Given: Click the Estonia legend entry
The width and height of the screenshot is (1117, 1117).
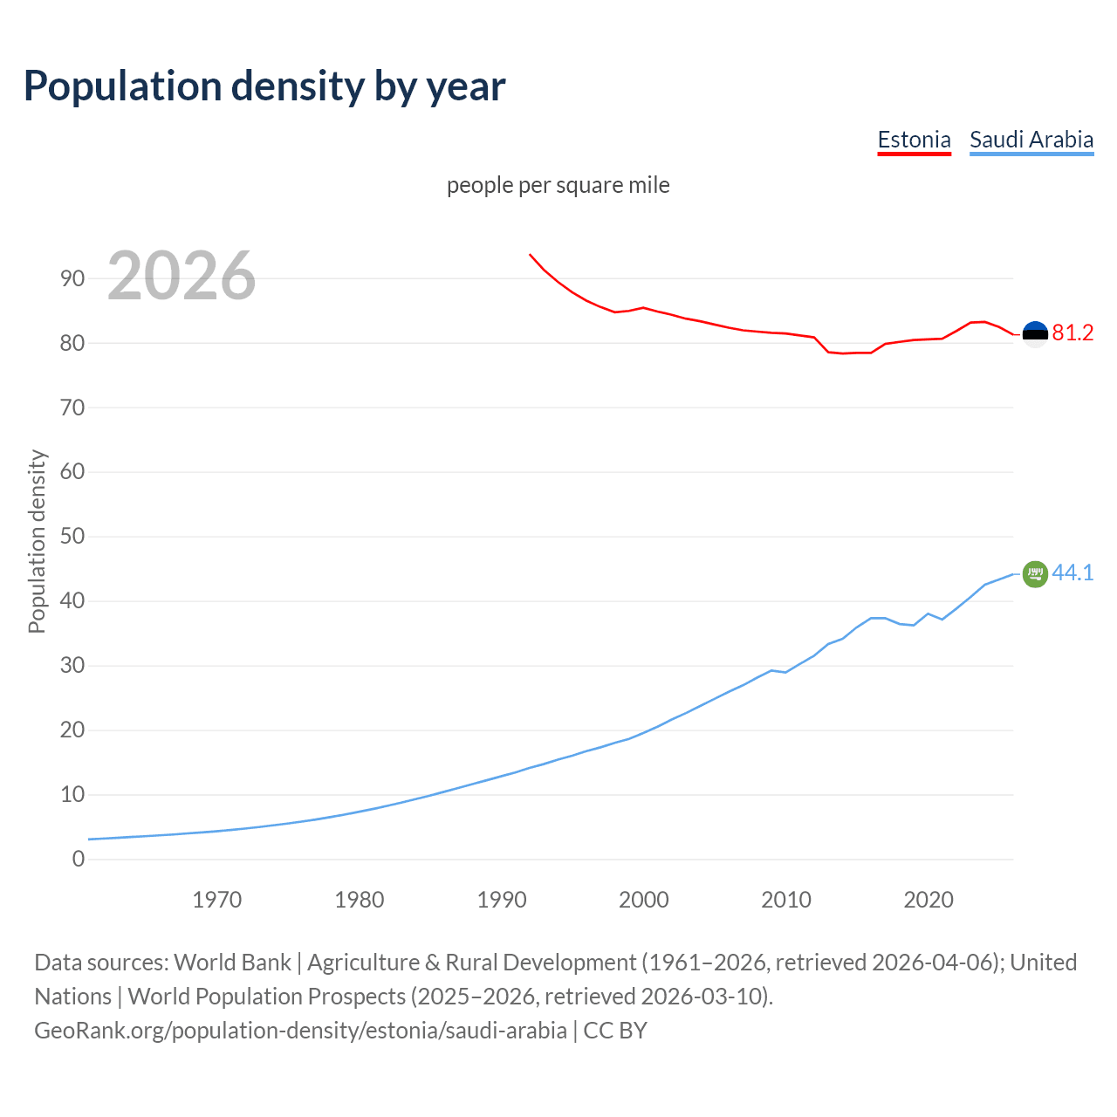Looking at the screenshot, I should (914, 140).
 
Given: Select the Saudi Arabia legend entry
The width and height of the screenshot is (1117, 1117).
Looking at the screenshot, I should (1031, 140).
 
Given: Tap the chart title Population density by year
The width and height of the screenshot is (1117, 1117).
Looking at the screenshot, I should (264, 86).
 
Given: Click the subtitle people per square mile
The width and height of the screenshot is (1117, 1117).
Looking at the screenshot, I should (558, 185).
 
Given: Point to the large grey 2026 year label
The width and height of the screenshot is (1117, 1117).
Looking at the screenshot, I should (182, 276).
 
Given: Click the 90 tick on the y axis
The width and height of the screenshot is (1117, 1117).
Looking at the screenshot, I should (72, 279).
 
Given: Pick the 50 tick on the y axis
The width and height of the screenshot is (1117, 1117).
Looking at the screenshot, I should (72, 537).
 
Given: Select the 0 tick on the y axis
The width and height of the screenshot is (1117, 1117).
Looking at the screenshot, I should (79, 860).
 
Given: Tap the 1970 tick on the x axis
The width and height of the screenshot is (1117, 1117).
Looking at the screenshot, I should (216, 900).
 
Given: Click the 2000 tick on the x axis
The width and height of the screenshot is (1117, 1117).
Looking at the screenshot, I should (644, 900).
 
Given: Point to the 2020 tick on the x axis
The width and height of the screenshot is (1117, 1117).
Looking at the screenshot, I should (929, 900).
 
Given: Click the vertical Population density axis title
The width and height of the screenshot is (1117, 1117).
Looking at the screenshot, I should (37, 541).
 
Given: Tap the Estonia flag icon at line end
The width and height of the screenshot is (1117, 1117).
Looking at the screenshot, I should (1035, 333).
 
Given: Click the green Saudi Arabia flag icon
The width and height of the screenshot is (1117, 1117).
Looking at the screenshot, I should (1035, 574).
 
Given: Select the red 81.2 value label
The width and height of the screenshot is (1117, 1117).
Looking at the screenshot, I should (1072, 333).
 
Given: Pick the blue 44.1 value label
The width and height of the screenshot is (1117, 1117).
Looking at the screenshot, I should (1072, 573).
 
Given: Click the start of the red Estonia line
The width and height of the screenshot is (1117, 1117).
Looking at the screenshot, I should (531, 255).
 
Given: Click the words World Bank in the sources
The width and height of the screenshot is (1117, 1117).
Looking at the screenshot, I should (232, 963).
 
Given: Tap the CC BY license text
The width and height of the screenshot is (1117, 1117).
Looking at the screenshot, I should (615, 1031).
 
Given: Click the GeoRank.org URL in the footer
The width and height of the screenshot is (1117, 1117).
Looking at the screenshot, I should (300, 1031).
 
